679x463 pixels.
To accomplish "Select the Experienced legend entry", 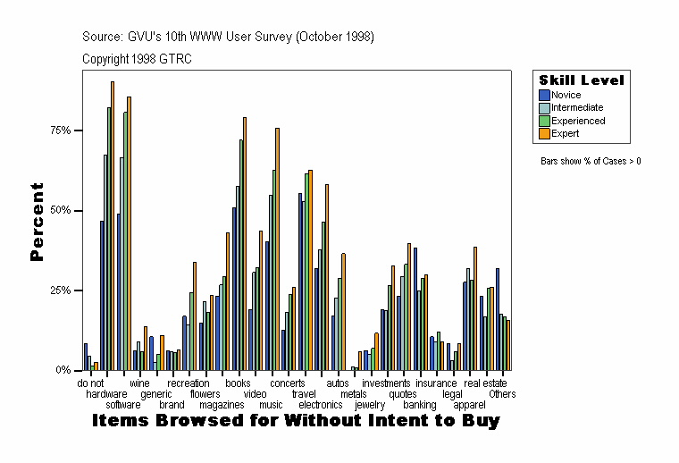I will coord(577,121).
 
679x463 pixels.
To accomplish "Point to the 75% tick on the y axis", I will coord(61,130).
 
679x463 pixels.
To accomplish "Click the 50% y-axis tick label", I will coord(61,211).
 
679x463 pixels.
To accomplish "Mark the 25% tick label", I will coord(61,290).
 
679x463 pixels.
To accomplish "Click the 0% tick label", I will coord(64,370).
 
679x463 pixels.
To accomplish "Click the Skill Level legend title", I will coord(581,80).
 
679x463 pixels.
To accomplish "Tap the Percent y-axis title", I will coord(37,222).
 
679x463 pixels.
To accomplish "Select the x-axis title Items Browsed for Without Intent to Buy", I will coord(296,420).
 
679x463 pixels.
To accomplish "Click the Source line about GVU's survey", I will coord(228,37).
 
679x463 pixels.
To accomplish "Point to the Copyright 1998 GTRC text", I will coord(137,59).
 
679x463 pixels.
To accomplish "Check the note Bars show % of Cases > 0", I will coord(591,162).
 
